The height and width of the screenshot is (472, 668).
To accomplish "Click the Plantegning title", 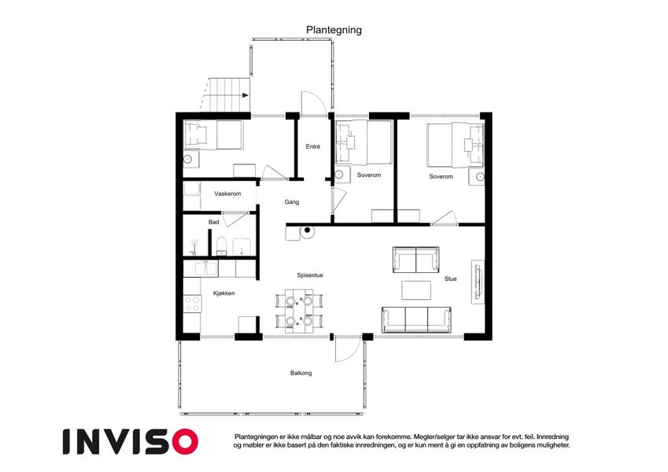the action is tap(334, 30).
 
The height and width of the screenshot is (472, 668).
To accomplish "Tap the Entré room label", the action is tap(312, 146).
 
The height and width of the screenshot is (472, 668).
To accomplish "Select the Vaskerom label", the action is tap(227, 194).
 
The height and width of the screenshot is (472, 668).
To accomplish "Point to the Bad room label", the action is tap(213, 222).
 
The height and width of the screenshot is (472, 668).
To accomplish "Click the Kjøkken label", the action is tap(223, 293).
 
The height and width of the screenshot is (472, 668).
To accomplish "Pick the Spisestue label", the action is tap(310, 275).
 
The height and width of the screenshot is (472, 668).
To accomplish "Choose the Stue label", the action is tap(450, 278).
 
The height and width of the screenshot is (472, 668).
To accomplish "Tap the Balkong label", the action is tap(301, 373).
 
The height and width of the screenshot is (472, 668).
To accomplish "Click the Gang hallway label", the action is tap(291, 202).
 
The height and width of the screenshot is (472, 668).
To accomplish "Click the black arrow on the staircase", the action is tap(245, 95).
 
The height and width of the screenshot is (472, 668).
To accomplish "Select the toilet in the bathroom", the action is tap(221, 246).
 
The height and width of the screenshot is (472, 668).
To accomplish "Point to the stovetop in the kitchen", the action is tap(193, 303).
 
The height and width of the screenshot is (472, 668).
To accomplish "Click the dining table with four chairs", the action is tap(299, 311).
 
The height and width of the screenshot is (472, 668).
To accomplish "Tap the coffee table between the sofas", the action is tap(416, 290).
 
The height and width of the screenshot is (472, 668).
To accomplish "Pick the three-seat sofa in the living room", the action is tap(416, 319).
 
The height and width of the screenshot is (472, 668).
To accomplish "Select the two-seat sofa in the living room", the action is tap(415, 260).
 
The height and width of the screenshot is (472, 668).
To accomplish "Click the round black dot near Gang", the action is tap(307, 230).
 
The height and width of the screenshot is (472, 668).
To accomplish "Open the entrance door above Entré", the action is tap(314, 103).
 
